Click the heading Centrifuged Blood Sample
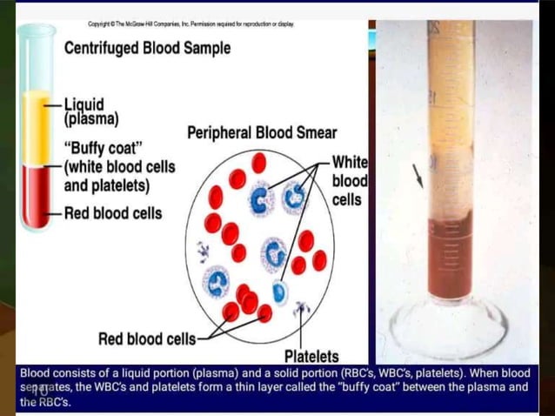[x=147, y=49]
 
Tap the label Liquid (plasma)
[x=91, y=111]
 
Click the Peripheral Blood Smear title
[x=262, y=132]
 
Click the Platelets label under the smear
[x=311, y=356]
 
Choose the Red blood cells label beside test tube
[x=112, y=213]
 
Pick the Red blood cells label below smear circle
[x=147, y=339]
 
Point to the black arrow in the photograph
[x=419, y=177]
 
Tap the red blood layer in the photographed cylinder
[x=450, y=261]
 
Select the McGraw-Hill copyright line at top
[x=191, y=23]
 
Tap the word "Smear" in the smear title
[x=315, y=132]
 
